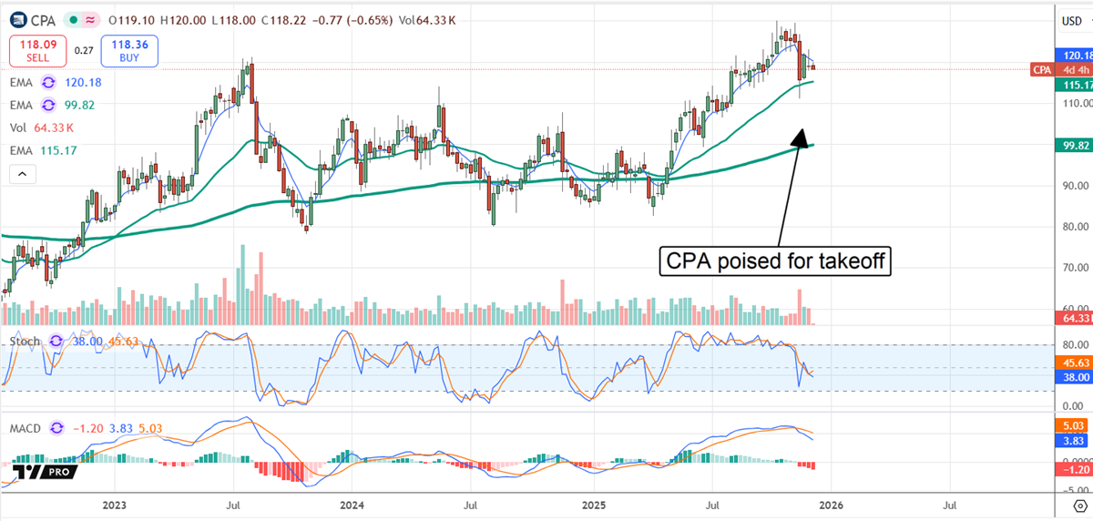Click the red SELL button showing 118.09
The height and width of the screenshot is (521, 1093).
pos(36,51)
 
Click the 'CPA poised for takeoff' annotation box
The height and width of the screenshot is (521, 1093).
pos(774,261)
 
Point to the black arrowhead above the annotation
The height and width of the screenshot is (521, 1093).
pos(799,138)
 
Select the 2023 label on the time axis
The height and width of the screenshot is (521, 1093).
pos(115,504)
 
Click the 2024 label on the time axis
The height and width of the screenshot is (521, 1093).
pos(352,504)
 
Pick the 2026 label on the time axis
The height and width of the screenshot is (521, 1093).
pos(831,504)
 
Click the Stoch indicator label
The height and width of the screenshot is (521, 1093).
pos(24,340)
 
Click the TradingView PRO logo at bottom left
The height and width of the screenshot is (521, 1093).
pos(44,471)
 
